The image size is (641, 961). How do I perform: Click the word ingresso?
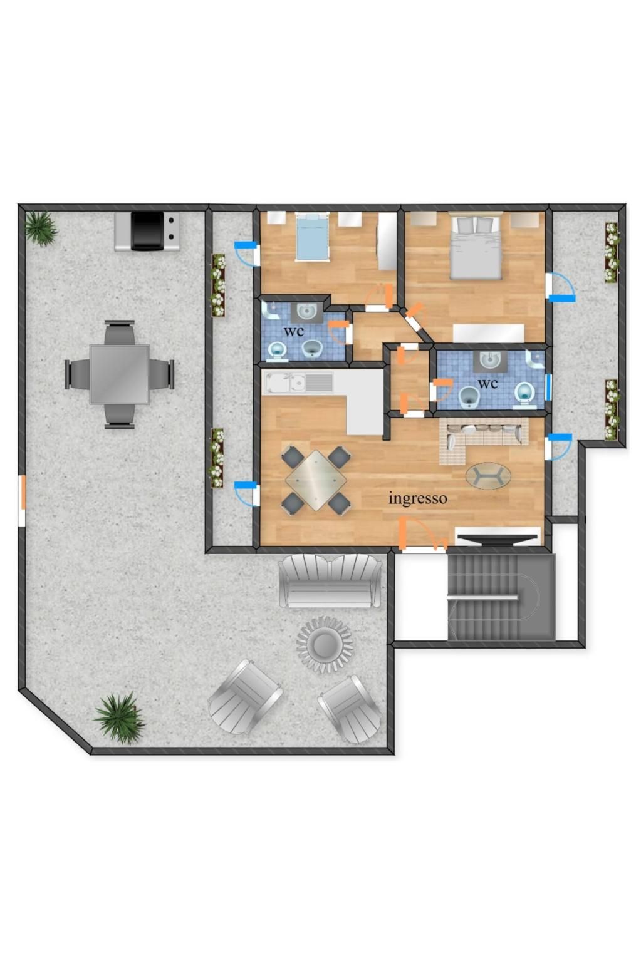pos(417,499)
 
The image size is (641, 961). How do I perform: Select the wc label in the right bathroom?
pos(488,383)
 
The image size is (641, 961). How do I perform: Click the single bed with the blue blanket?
pos(312,237)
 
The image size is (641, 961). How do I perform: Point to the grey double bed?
pos(476,247)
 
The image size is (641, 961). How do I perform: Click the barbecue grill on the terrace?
pos(147,231)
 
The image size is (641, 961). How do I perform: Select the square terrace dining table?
pos(120,374)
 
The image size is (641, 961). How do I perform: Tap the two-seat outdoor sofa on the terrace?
pos(330,580)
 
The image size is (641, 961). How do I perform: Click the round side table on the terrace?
pos(325,645)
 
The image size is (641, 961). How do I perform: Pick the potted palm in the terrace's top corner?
pos(41,229)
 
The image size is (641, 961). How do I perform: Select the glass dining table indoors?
pos(316,480)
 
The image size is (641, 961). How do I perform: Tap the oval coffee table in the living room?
pos(488,476)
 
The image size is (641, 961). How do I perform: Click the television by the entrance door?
pos(497,539)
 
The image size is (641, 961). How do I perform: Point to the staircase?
pos(501,597)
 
